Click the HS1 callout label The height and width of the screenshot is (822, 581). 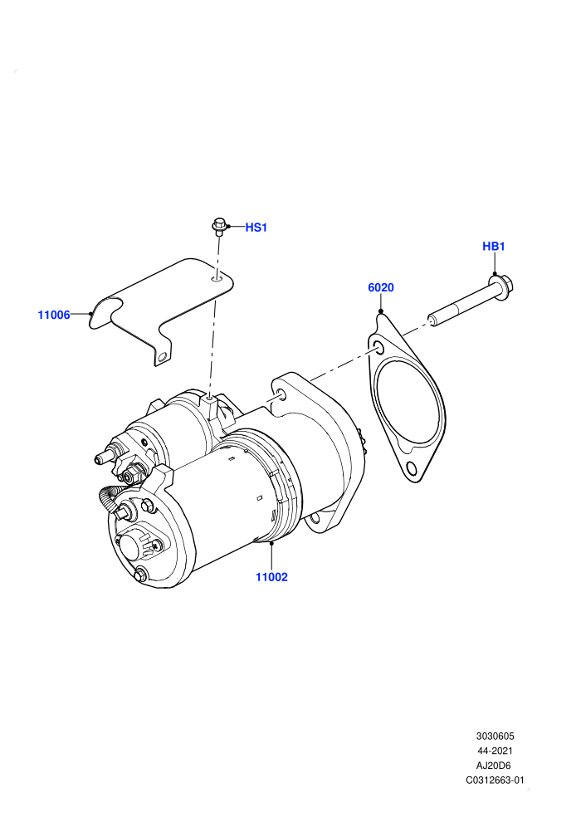click(x=256, y=227)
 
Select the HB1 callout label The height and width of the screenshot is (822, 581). click(x=493, y=246)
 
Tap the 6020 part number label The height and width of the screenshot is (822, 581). click(x=381, y=287)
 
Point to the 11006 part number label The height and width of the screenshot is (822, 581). click(x=54, y=315)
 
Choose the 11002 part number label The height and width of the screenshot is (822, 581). click(x=271, y=577)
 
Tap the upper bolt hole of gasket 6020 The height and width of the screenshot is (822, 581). click(x=378, y=348)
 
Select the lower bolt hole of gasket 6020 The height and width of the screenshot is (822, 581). click(x=411, y=470)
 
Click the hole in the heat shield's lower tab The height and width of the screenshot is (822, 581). click(x=163, y=358)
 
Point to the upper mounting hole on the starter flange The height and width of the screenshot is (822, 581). click(x=281, y=394)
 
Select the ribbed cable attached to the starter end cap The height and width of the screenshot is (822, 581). click(x=109, y=499)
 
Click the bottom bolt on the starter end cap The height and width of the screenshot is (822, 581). click(x=140, y=575)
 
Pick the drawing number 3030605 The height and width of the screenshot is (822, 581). click(x=495, y=736)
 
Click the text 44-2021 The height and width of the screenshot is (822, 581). click(x=495, y=751)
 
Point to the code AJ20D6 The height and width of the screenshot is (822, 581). click(x=495, y=766)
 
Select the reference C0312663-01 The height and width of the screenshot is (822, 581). click(x=495, y=780)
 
